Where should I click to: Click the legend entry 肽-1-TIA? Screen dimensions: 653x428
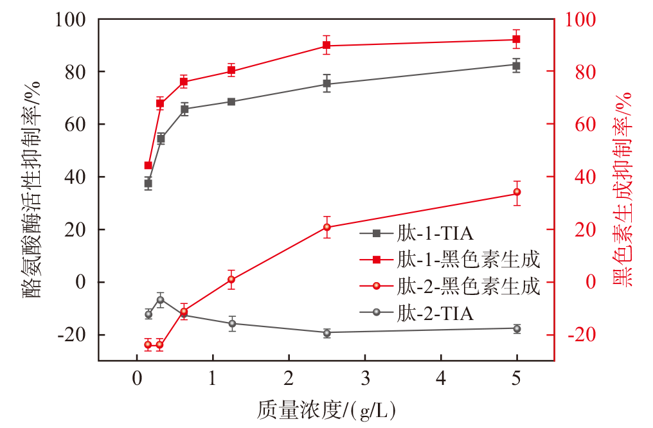tap(416, 233)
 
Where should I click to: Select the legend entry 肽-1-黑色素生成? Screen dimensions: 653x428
tap(450, 260)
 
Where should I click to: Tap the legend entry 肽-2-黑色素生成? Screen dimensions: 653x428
tap(450, 287)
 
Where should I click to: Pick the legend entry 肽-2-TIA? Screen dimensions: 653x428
tap(416, 313)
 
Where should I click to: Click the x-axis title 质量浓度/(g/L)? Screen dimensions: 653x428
tap(326, 410)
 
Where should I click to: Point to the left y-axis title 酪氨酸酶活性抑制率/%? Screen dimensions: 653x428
tap(31, 190)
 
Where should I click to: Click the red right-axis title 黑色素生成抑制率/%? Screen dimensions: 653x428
tap(623, 190)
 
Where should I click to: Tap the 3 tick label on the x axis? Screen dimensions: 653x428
tap(365, 379)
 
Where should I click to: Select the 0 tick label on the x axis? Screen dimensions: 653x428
tap(137, 379)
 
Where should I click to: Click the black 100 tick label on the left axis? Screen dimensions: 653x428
tap(70, 19)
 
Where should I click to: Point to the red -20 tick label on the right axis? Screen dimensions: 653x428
tap(582, 335)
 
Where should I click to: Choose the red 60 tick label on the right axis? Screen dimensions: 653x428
tap(586, 124)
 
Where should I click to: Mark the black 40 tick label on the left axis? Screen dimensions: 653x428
tap(75, 177)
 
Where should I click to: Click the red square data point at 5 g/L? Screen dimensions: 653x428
tap(516, 40)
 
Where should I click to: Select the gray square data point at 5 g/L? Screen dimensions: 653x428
tap(516, 66)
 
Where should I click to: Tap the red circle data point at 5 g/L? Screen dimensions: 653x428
tap(517, 192)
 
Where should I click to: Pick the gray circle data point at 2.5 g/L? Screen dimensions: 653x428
tap(327, 333)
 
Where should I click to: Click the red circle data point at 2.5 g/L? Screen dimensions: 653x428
tap(327, 227)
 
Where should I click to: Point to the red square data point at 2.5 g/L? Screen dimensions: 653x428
tap(326, 45)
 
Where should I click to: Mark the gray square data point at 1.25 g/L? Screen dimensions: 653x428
tap(231, 102)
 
